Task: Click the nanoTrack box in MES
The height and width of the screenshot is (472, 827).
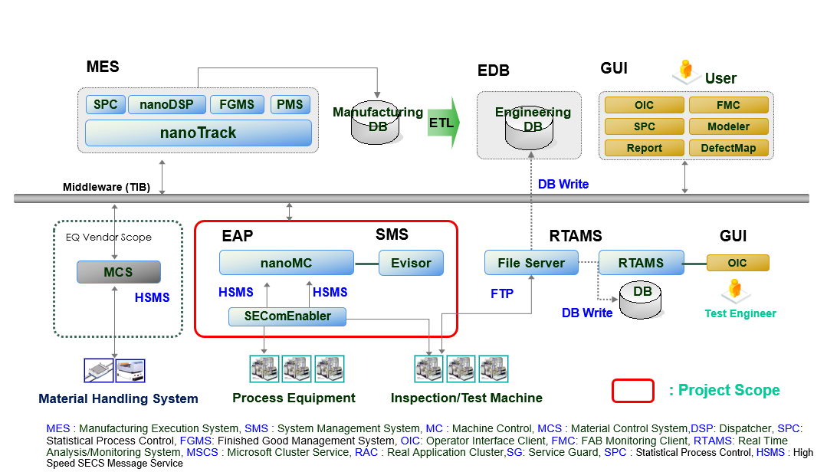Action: [x=198, y=133]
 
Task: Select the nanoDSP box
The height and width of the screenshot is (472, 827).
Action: [x=166, y=104]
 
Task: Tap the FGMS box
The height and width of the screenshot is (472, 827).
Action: [x=237, y=104]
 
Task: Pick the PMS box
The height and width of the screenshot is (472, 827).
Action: [x=290, y=104]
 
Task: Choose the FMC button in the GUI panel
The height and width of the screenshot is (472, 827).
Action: [x=728, y=105]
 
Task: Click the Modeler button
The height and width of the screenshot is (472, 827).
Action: [x=728, y=126]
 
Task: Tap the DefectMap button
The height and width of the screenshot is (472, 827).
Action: [x=728, y=148]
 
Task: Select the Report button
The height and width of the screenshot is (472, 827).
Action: [x=644, y=148]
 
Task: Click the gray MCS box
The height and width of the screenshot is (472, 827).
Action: [x=118, y=272]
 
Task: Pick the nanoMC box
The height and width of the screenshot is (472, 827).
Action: [x=286, y=263]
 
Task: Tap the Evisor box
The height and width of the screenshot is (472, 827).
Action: [x=411, y=263]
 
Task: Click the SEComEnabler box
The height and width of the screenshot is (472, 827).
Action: [x=287, y=316]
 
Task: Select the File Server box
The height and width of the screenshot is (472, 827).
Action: [x=530, y=263]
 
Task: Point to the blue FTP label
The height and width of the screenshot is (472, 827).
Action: [x=502, y=293]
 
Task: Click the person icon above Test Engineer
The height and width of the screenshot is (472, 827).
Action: [x=735, y=290]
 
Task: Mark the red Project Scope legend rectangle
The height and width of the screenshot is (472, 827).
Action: [x=632, y=391]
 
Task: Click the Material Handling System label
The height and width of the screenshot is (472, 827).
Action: [x=118, y=398]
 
